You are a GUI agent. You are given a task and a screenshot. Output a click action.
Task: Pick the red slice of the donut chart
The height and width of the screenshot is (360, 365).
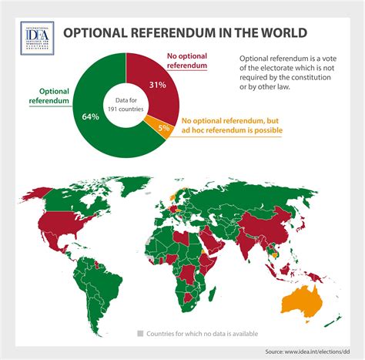tap(162, 73)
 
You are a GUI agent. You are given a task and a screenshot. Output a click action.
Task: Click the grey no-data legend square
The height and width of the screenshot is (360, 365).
tap(140, 333)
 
